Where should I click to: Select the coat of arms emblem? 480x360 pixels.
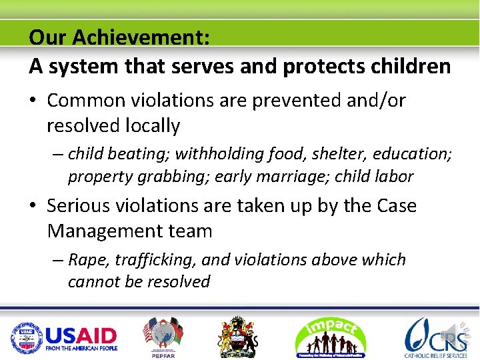237,337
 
